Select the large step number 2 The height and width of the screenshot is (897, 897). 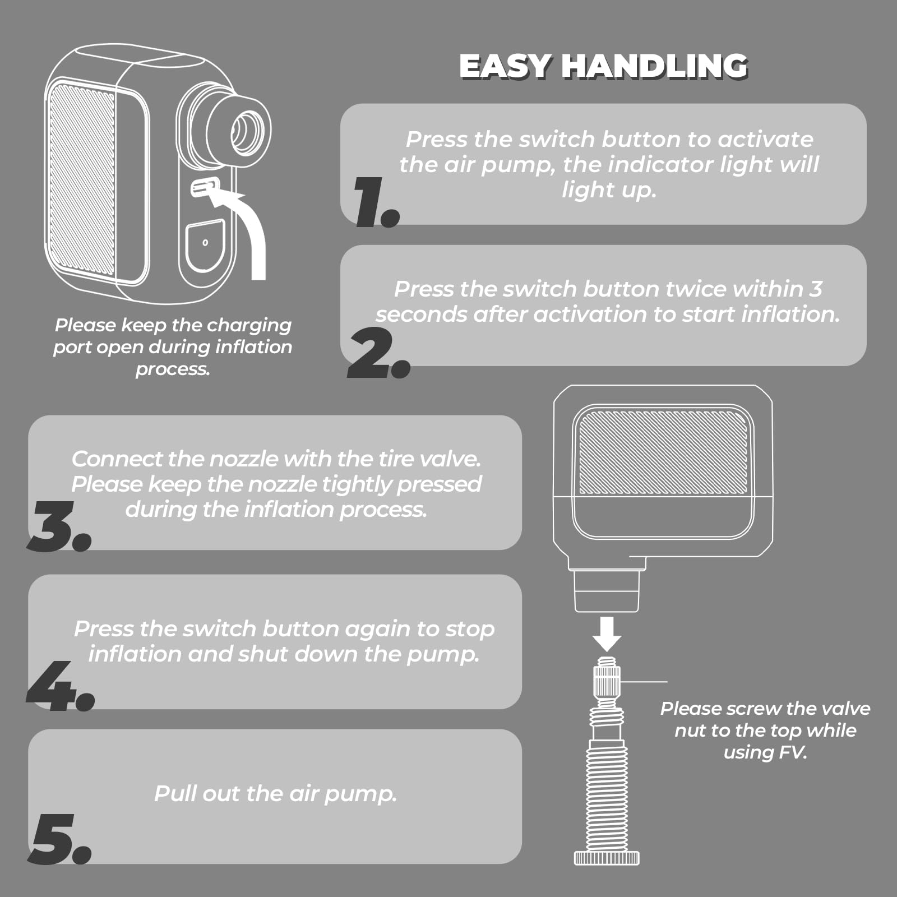click(379, 353)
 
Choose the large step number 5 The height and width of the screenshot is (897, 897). click(59, 839)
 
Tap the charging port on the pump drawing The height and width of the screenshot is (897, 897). click(204, 188)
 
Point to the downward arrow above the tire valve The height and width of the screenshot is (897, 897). click(607, 634)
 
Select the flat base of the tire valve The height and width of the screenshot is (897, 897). click(607, 857)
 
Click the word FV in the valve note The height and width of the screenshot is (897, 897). click(793, 752)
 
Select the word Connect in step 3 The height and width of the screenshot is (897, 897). click(116, 459)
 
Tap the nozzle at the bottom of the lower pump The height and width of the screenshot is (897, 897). click(607, 591)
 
